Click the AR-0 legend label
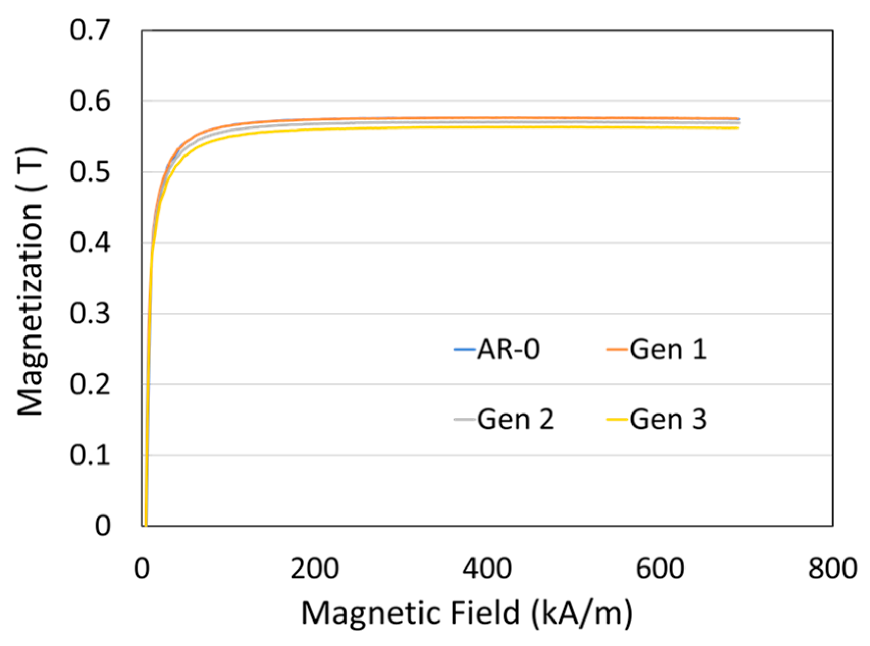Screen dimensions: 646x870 click(508, 350)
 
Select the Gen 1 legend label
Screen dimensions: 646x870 click(668, 350)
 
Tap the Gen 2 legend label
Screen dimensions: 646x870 click(515, 420)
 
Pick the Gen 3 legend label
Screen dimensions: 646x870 click(668, 420)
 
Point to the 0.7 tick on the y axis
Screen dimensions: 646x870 click(90, 31)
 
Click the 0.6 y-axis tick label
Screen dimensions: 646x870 click(90, 101)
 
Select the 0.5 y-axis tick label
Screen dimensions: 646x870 click(90, 172)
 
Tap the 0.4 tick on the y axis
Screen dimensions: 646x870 click(90, 243)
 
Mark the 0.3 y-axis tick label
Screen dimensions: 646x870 click(90, 314)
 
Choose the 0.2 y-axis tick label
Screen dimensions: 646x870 click(90, 384)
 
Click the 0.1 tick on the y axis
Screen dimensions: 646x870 click(90, 455)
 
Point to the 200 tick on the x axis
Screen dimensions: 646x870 click(314, 568)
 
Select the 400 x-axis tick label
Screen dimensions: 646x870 click(487, 568)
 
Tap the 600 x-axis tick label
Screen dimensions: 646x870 click(660, 568)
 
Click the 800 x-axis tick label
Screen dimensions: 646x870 click(833, 568)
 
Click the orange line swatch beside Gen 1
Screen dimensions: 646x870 click(617, 350)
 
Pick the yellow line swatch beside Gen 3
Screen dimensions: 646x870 click(617, 420)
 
